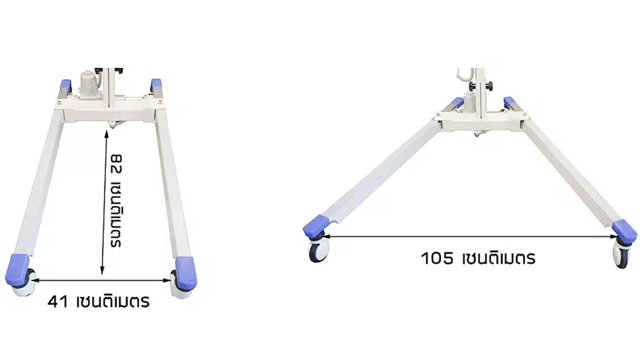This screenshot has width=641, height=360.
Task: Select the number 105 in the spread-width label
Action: coord(436,259)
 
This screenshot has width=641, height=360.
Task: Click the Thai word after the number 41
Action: coord(113,301)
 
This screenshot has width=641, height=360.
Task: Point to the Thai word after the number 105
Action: coord(497,259)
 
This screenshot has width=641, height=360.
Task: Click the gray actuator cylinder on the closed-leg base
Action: coord(88,84)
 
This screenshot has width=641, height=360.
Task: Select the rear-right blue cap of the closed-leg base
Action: coord(156,84)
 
